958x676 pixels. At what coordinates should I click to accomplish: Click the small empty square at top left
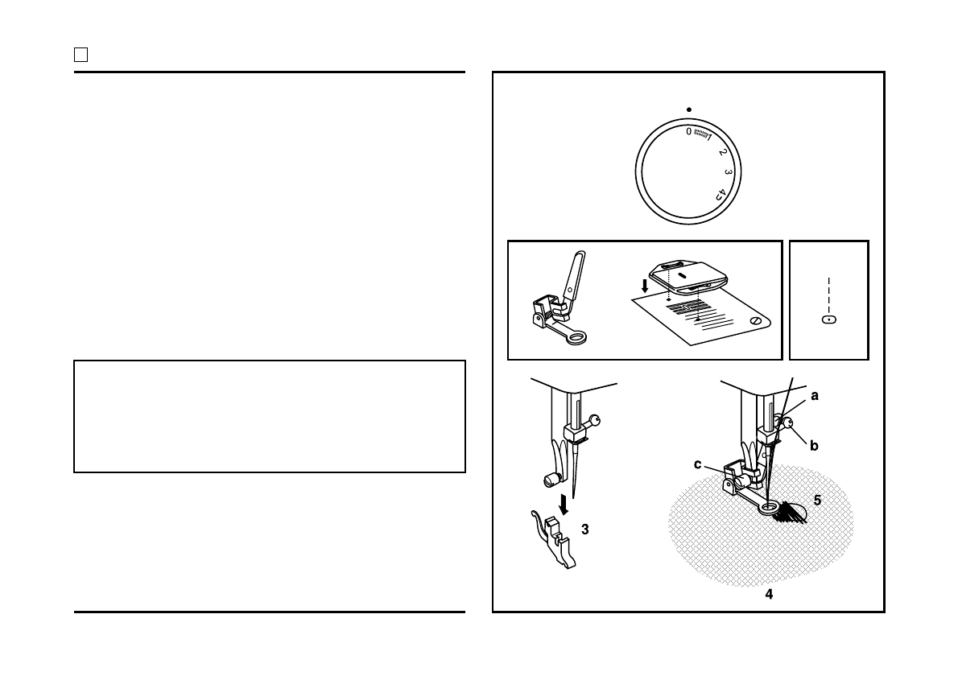(81, 55)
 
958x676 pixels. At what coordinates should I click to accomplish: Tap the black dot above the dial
(689, 109)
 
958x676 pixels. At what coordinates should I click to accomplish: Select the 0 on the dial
(688, 131)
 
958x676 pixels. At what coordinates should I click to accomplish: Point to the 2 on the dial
(722, 152)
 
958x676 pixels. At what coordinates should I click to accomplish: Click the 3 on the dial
(728, 172)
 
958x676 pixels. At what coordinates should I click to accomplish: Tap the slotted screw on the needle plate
(754, 321)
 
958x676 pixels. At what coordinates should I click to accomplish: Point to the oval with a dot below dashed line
(828, 319)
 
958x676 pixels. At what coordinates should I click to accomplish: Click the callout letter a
(815, 396)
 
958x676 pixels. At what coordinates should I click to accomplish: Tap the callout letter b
(815, 444)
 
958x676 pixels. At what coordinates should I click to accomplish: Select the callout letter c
(699, 464)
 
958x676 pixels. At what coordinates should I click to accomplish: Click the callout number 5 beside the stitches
(817, 500)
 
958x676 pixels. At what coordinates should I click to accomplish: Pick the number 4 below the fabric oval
(769, 595)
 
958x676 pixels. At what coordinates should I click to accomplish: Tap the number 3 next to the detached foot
(585, 530)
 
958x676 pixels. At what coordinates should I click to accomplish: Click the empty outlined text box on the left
(270, 416)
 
